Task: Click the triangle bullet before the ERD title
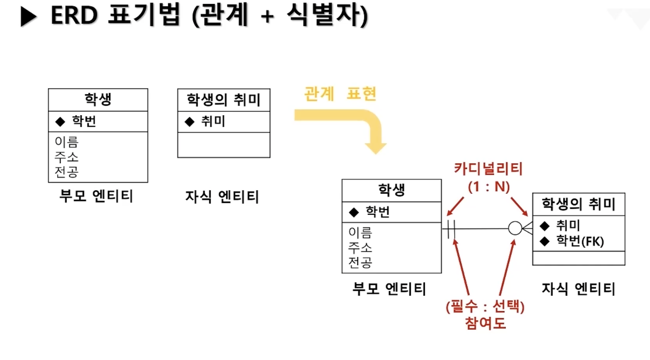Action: (x=28, y=17)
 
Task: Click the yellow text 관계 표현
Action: (x=340, y=94)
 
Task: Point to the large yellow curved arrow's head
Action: (x=376, y=147)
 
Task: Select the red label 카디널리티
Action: (x=489, y=169)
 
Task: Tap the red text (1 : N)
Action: (x=489, y=186)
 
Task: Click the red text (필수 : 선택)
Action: (x=485, y=308)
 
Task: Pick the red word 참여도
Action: (x=485, y=324)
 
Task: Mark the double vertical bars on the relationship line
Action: (x=451, y=229)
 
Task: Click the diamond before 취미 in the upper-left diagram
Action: (x=190, y=122)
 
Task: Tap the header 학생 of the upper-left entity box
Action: (x=98, y=100)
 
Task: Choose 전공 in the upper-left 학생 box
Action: (x=67, y=172)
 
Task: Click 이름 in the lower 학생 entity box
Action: (x=360, y=232)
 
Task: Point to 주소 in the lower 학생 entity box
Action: (x=360, y=247)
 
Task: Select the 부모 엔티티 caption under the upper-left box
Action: (x=96, y=196)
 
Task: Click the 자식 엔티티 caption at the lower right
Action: (x=578, y=288)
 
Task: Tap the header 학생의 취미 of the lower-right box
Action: (x=578, y=204)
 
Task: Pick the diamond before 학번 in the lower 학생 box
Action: (x=354, y=212)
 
